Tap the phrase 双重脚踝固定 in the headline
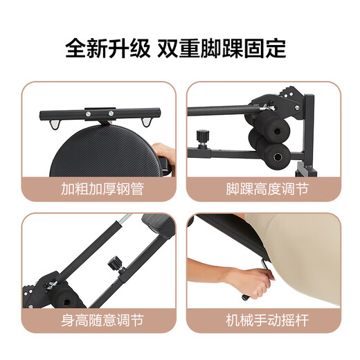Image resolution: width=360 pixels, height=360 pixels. point(221,48)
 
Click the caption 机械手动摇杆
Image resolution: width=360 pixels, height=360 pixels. point(267,321)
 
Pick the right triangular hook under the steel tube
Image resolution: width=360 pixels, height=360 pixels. point(146,123)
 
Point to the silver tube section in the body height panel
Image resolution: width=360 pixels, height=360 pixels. point(124,224)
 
